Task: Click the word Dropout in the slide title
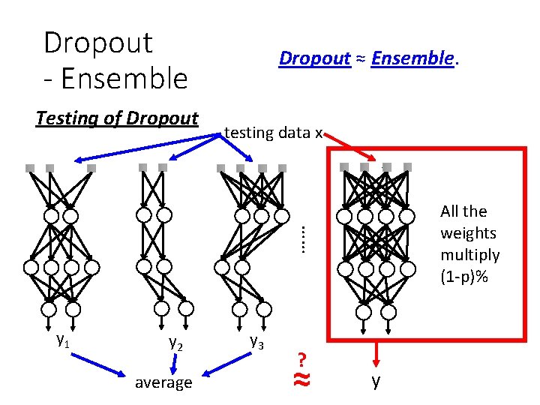tap(98, 43)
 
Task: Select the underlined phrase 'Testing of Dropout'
tap(117, 118)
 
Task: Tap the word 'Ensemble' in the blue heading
tap(412, 58)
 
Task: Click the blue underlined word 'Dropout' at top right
tap(314, 58)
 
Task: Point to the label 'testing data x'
tap(273, 133)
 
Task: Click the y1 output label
tap(64, 339)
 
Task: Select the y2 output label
tap(176, 343)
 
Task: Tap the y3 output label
tap(256, 341)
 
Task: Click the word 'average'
tap(163, 382)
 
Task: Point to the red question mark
tap(301, 359)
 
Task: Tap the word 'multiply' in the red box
tap(470, 255)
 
